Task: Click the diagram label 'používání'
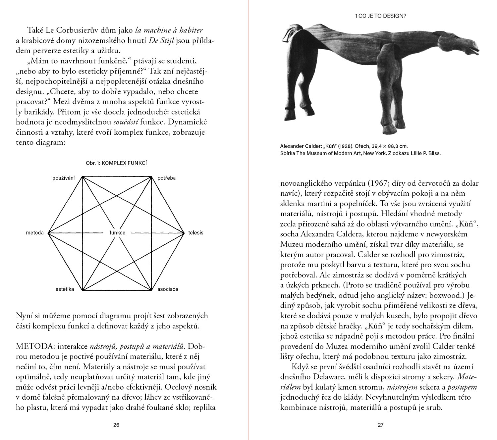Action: coord(63,178)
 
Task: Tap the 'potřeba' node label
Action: coord(166,178)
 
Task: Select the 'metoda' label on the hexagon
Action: coord(35,233)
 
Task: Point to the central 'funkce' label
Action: coord(117,233)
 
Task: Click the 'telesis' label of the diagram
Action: coord(195,233)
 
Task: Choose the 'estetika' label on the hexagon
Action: coord(65,289)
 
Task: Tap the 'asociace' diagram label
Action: coord(168,289)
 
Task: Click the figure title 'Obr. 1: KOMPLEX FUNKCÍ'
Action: coord(116,163)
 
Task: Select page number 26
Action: coord(116,425)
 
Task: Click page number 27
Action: coord(380,425)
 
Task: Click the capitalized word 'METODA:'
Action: coord(35,347)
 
